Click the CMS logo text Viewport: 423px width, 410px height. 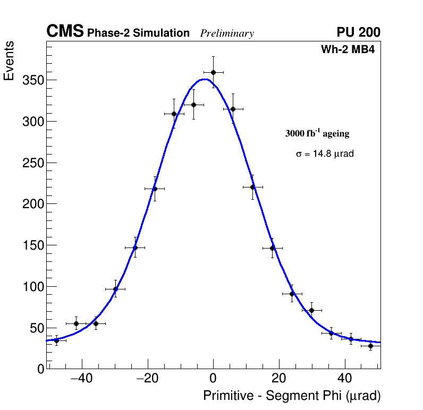point(65,32)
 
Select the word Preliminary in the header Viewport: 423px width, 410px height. point(227,33)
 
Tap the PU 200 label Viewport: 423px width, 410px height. point(358,33)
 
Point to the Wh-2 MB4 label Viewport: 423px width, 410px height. point(348,50)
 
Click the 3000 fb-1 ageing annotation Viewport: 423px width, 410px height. point(317,133)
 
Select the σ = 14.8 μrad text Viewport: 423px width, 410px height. point(325,154)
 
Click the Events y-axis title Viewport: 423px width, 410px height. point(9,61)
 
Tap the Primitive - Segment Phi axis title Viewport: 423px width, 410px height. point(292,396)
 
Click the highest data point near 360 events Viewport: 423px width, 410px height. point(213,72)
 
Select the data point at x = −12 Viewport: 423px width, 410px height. point(174,114)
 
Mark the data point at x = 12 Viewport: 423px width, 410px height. point(252,187)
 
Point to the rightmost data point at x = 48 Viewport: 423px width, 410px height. point(370,346)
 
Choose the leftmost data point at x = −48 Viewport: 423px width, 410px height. point(56,340)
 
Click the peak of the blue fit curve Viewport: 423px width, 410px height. point(205,80)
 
